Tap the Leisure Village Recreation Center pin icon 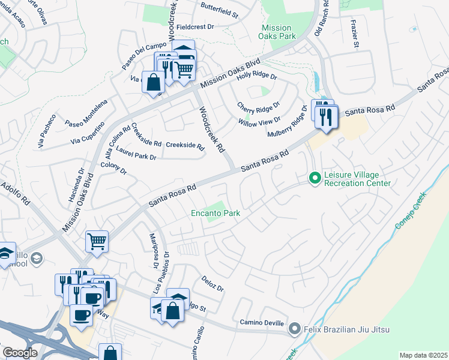pyautogui.click(x=313, y=178)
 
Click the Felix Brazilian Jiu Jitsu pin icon pyautogui.click(x=294, y=329)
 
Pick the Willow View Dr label pyautogui.click(x=259, y=122)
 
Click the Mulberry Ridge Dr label pyautogui.click(x=288, y=123)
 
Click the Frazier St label pyautogui.click(x=355, y=37)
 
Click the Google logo pyautogui.click(x=20, y=353)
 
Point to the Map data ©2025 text pyautogui.click(x=423, y=355)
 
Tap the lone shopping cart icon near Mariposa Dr pyautogui.click(x=97, y=242)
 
